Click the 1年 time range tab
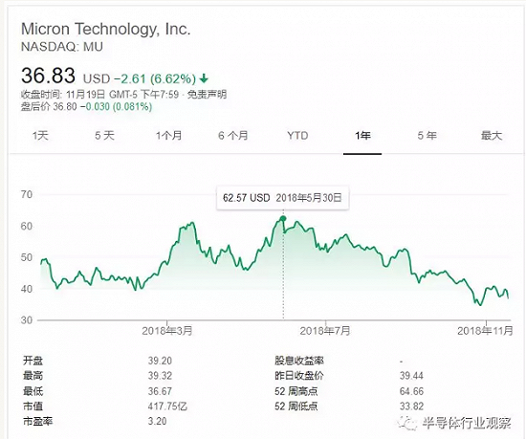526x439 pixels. click(x=362, y=136)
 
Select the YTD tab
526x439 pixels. click(x=297, y=136)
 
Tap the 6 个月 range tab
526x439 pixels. click(x=233, y=136)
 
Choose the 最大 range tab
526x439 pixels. click(x=492, y=136)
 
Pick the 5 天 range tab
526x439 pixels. click(x=104, y=136)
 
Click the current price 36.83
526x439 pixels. click(x=48, y=76)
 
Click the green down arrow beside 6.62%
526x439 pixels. click(x=204, y=78)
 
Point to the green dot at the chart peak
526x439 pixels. click(x=283, y=219)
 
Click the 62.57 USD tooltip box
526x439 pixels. click(x=282, y=198)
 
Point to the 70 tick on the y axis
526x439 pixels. click(x=27, y=194)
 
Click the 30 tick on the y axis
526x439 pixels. click(x=27, y=320)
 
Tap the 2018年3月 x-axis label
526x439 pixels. click(x=167, y=331)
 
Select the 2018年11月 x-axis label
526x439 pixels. click(x=485, y=331)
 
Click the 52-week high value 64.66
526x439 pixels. click(x=411, y=391)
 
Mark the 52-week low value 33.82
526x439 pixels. click(x=411, y=406)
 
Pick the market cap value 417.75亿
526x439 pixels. click(x=167, y=406)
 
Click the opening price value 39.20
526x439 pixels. click(x=160, y=361)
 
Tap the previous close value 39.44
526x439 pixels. click(x=411, y=376)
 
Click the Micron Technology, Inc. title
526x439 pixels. click(x=105, y=30)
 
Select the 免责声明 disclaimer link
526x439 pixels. click(x=207, y=95)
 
